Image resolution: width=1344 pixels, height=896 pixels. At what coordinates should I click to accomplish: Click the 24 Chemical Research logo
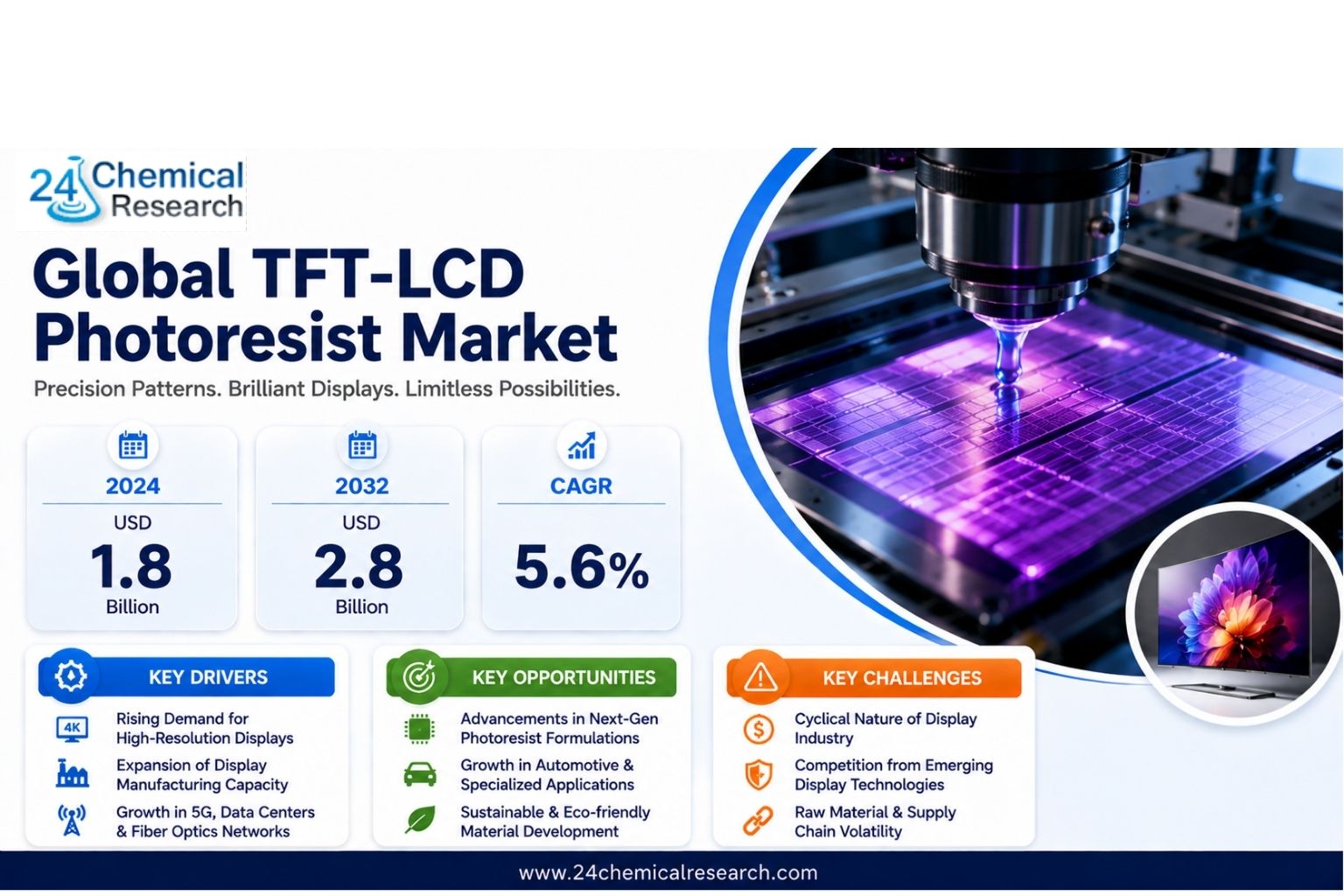click(136, 190)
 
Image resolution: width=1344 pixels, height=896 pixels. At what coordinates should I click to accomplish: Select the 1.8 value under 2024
click(131, 566)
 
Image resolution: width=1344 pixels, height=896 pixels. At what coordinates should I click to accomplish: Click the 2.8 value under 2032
click(359, 566)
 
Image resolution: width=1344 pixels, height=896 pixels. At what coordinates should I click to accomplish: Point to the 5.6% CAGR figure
click(581, 568)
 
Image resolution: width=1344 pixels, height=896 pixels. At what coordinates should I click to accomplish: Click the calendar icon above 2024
click(133, 445)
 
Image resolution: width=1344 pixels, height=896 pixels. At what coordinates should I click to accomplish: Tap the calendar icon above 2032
click(362, 445)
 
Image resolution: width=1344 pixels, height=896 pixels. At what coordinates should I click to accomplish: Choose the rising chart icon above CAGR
click(581, 445)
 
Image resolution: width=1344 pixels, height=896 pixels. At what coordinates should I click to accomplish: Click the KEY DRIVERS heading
click(208, 677)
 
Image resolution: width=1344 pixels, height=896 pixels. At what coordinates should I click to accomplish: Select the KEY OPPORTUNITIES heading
click(563, 677)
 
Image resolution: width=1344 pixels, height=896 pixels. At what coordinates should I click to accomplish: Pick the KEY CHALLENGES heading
click(902, 678)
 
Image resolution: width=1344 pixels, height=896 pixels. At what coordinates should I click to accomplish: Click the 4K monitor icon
click(72, 729)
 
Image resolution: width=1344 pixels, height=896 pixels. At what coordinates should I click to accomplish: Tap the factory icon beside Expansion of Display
click(72, 773)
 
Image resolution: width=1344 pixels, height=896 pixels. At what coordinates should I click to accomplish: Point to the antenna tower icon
click(72, 821)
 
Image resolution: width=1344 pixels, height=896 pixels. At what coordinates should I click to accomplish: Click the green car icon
click(420, 774)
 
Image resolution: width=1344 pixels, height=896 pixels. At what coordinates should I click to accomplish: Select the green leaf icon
click(420, 820)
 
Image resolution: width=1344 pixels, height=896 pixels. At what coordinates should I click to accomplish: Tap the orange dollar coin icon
click(759, 730)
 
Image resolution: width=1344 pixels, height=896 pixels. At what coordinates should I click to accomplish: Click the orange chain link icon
click(759, 821)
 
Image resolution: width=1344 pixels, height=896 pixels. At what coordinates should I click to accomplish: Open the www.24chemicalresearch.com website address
click(668, 872)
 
